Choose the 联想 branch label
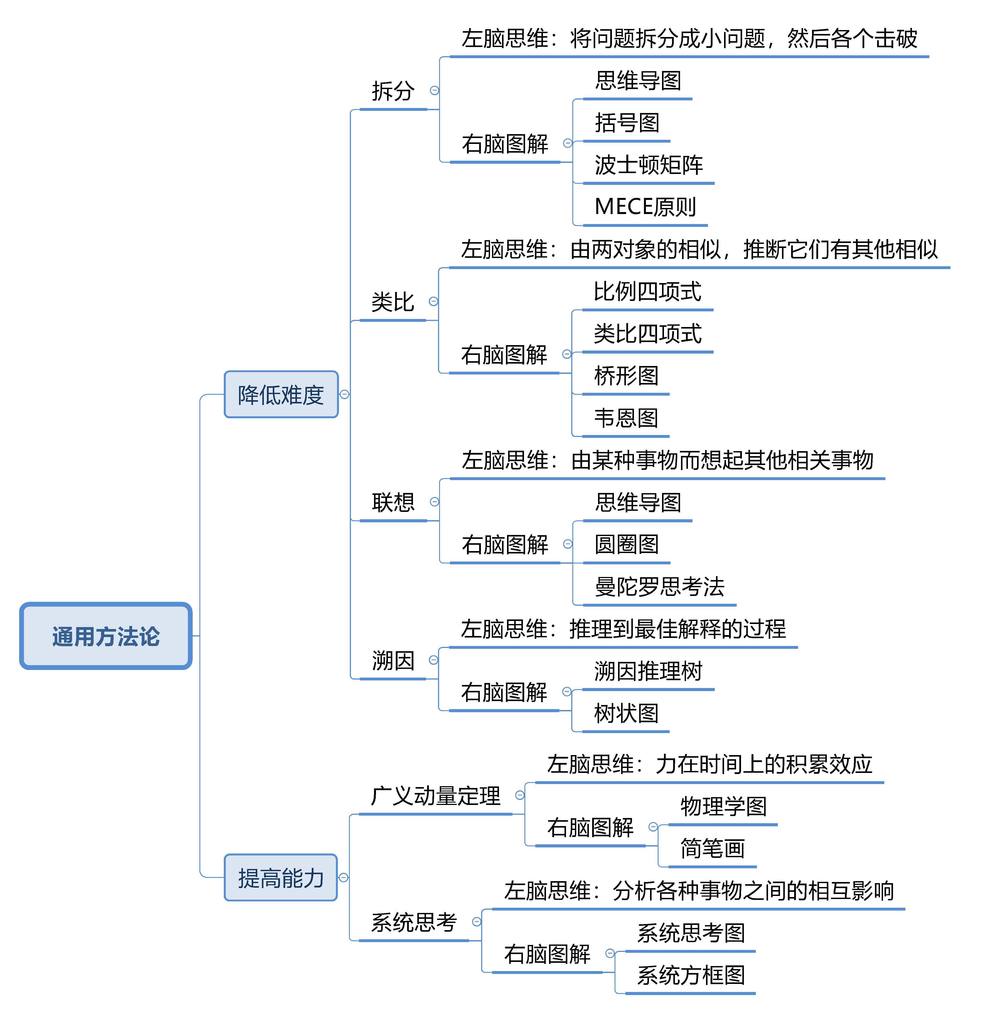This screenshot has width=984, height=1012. point(393,502)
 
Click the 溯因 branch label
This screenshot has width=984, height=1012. point(393,661)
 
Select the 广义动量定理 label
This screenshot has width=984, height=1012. point(435,796)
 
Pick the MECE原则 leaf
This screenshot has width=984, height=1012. point(645,207)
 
